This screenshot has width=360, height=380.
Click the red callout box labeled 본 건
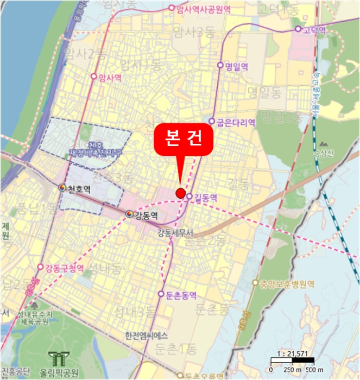[x=184, y=138]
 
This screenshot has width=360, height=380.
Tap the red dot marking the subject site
[x=180, y=192]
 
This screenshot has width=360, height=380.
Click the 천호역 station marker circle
[x=63, y=187]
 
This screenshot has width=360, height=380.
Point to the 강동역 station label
[x=146, y=216]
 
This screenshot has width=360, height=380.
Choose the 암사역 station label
[x=110, y=78]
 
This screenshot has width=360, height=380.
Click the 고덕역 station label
[x=314, y=29]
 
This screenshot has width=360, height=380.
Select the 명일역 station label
[x=237, y=66]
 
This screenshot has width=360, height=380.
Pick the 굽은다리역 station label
[x=236, y=122]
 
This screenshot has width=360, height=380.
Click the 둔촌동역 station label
[x=181, y=294]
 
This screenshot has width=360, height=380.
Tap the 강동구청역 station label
[x=64, y=268]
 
